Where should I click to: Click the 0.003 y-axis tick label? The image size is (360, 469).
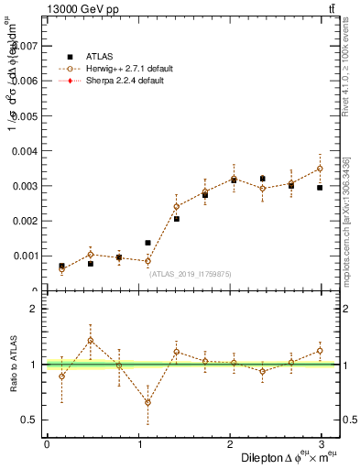25,186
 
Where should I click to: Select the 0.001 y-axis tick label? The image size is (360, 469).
25,256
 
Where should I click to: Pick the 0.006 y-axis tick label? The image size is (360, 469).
25,81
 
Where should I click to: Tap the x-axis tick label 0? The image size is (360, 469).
47,444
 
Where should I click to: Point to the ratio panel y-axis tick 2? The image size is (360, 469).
33,309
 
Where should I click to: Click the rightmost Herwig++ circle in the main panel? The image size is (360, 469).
320,169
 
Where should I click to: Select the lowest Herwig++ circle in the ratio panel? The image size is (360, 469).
147,402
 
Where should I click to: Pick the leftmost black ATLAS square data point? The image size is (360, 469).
61,267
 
